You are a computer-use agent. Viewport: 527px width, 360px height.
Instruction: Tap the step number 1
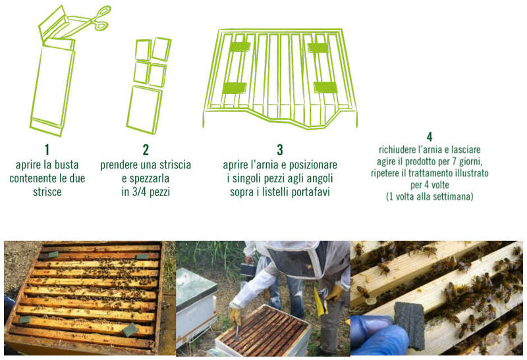(47, 150)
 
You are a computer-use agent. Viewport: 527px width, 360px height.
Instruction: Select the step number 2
(146, 150)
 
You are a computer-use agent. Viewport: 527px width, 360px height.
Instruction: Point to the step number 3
(280, 150)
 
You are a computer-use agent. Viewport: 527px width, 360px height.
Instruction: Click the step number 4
(430, 137)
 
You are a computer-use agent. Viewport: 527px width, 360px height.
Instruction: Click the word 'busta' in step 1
(67, 165)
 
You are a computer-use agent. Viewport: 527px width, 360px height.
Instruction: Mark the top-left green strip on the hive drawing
(240, 47)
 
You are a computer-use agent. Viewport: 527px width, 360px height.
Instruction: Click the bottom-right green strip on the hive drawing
(325, 88)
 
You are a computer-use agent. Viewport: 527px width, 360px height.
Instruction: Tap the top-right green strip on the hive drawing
(318, 48)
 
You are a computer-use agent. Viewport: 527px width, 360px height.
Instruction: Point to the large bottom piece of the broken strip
(144, 110)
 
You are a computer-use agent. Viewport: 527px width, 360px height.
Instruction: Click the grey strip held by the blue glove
(409, 324)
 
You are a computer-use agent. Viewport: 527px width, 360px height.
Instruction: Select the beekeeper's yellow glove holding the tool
(236, 315)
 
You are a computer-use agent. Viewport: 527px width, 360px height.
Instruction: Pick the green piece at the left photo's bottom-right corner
(130, 330)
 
